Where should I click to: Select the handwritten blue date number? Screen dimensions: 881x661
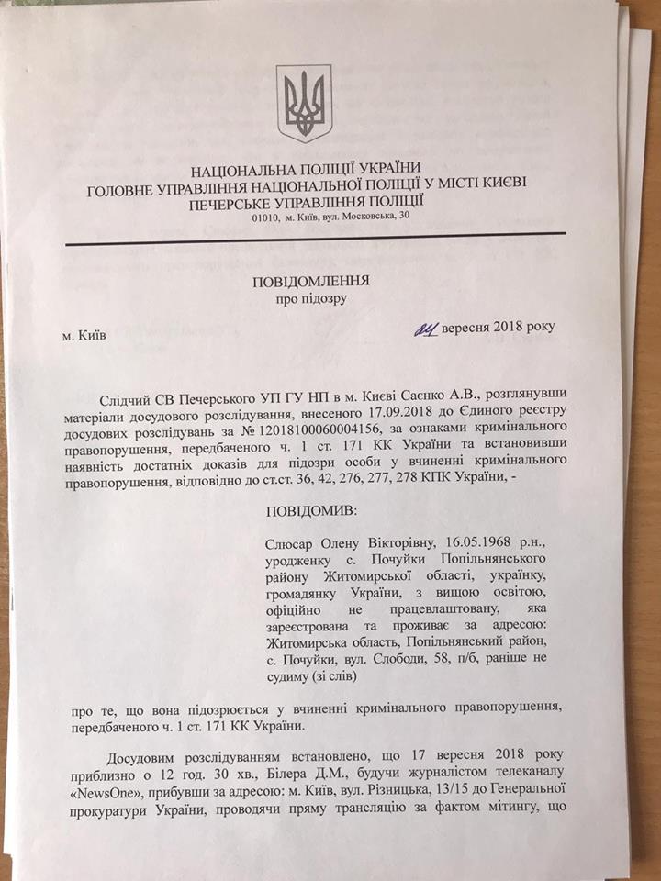425,328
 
